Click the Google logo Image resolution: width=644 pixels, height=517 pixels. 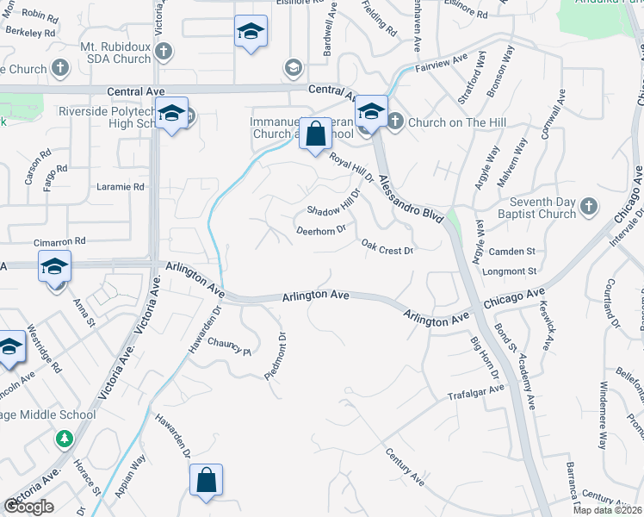click(x=28, y=507)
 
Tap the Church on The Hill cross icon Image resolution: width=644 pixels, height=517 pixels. click(x=395, y=121)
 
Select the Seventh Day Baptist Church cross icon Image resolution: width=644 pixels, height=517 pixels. click(x=588, y=206)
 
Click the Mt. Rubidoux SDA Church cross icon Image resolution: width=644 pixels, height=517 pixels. click(x=164, y=52)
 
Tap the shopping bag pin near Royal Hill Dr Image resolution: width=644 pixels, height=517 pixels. click(x=316, y=134)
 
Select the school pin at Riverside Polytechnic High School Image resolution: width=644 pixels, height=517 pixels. click(x=172, y=115)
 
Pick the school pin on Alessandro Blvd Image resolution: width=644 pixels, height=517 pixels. click(x=371, y=111)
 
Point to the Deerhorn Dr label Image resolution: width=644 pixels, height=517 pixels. click(x=320, y=230)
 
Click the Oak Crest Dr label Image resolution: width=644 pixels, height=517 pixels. click(x=387, y=247)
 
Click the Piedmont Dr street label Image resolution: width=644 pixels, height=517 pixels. click(x=276, y=354)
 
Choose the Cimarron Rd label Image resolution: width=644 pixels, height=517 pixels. click(x=60, y=242)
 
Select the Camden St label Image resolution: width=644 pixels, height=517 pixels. click(x=512, y=251)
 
